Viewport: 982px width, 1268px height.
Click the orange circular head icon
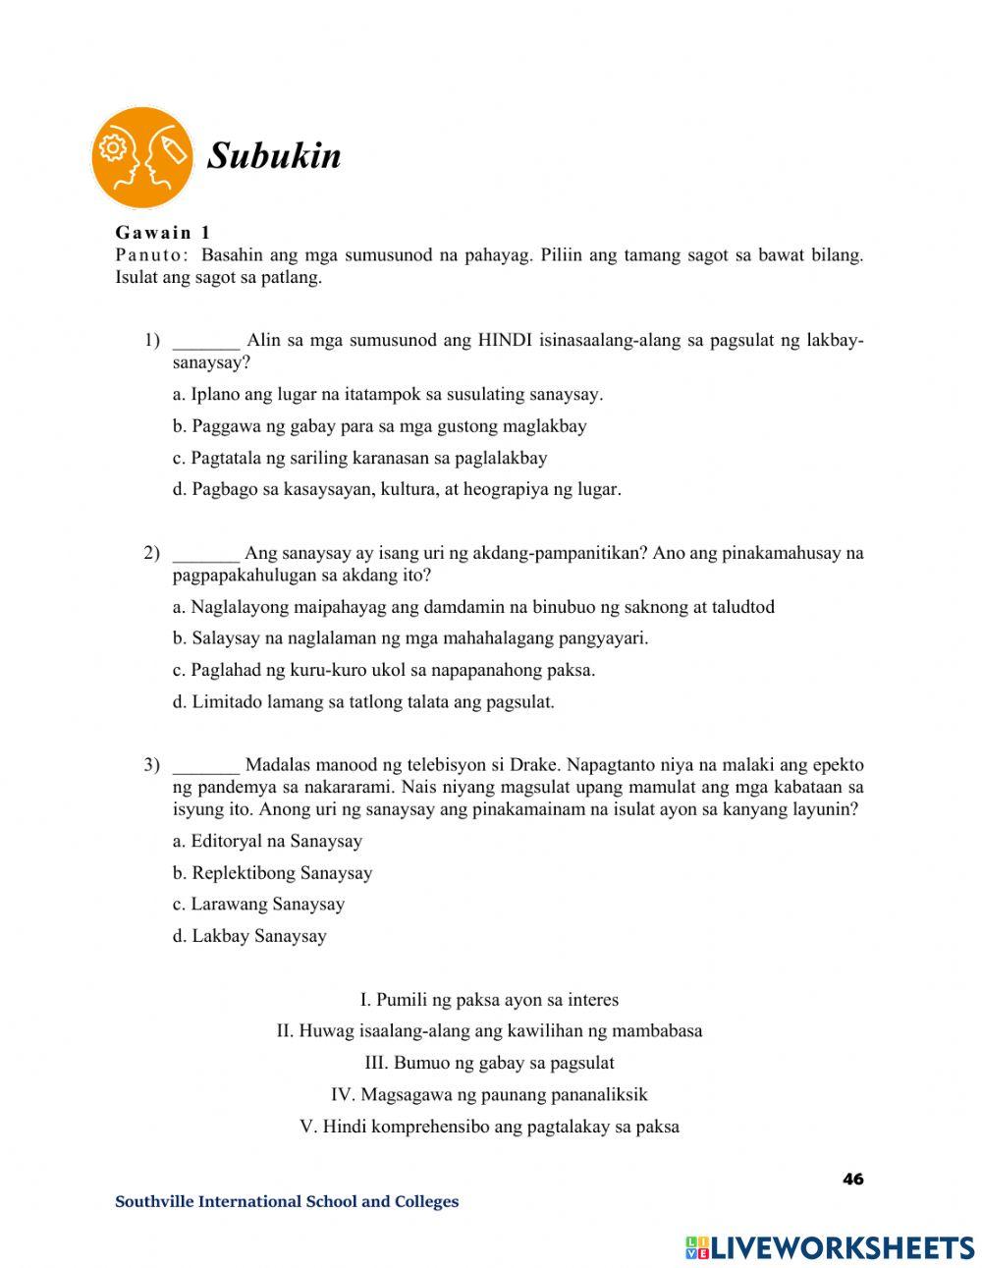[x=142, y=157]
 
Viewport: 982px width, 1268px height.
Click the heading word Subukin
[x=274, y=156]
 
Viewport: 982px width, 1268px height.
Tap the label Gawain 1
[x=163, y=233]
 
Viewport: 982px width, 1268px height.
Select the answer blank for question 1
[x=205, y=341]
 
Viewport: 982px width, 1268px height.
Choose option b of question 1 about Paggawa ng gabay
[x=379, y=426]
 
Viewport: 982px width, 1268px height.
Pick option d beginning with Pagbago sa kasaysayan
[x=397, y=489]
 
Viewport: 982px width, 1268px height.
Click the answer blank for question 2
[x=205, y=553]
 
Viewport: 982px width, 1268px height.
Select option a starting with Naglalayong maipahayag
[x=473, y=607]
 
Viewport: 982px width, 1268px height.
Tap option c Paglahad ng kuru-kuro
[x=384, y=671]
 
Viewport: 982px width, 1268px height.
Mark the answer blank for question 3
[x=205, y=765]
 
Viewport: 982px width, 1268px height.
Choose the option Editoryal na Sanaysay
[x=267, y=842]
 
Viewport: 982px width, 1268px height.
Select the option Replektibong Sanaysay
[x=272, y=873]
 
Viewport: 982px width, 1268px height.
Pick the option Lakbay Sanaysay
[x=249, y=936]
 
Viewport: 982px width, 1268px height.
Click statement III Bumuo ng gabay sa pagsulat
[x=489, y=1063]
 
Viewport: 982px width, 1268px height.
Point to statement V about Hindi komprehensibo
[x=489, y=1127]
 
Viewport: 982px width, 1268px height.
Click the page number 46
[x=852, y=1179]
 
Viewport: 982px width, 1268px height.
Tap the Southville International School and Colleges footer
[x=287, y=1201]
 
